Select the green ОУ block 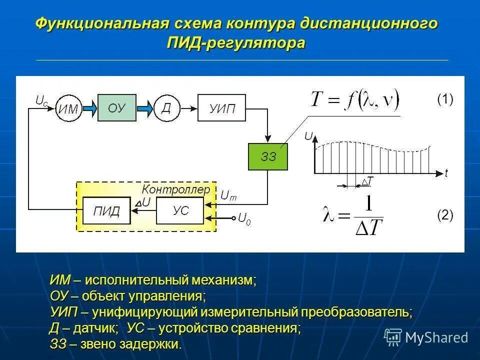pyautogui.click(x=116, y=107)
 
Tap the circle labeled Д pyautogui.click(x=166, y=108)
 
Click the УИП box pyautogui.click(x=221, y=108)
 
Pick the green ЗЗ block pyautogui.click(x=268, y=156)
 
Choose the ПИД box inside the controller pyautogui.click(x=106, y=210)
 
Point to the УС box pyautogui.click(x=180, y=210)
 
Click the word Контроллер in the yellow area pyautogui.click(x=176, y=189)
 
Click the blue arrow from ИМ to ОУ pyautogui.click(x=90, y=108)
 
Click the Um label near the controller pyautogui.click(x=228, y=196)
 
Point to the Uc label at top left pyautogui.click(x=41, y=100)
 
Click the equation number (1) pyautogui.click(x=445, y=99)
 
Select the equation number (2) pyautogui.click(x=445, y=215)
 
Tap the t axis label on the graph pyautogui.click(x=446, y=173)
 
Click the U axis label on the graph pyautogui.click(x=308, y=136)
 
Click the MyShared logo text pyautogui.click(x=436, y=337)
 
